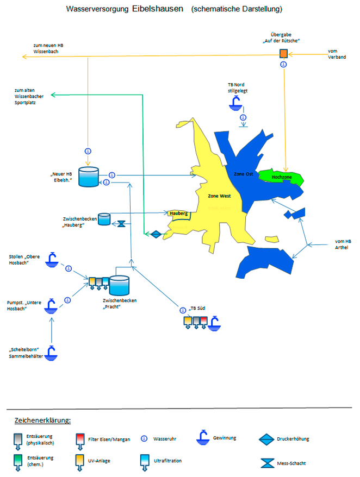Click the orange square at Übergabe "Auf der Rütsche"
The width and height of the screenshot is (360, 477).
point(283,53)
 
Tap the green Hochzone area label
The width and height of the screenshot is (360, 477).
point(282,177)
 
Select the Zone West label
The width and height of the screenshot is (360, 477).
point(219,196)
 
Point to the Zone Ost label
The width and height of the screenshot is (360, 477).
point(243,174)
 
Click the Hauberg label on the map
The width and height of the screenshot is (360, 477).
point(179,214)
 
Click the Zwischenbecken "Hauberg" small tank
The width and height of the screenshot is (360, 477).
point(103,219)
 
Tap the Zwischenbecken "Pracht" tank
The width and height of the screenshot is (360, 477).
point(120,286)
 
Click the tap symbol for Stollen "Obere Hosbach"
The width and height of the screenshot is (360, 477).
point(52,260)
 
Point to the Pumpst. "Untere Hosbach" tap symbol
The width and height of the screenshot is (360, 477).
point(51,306)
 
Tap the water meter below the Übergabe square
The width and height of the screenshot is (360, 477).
point(283,64)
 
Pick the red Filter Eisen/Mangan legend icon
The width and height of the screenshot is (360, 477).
point(80,440)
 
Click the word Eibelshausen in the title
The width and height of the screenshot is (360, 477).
point(158,9)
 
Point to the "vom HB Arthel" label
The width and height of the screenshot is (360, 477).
point(343,244)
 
